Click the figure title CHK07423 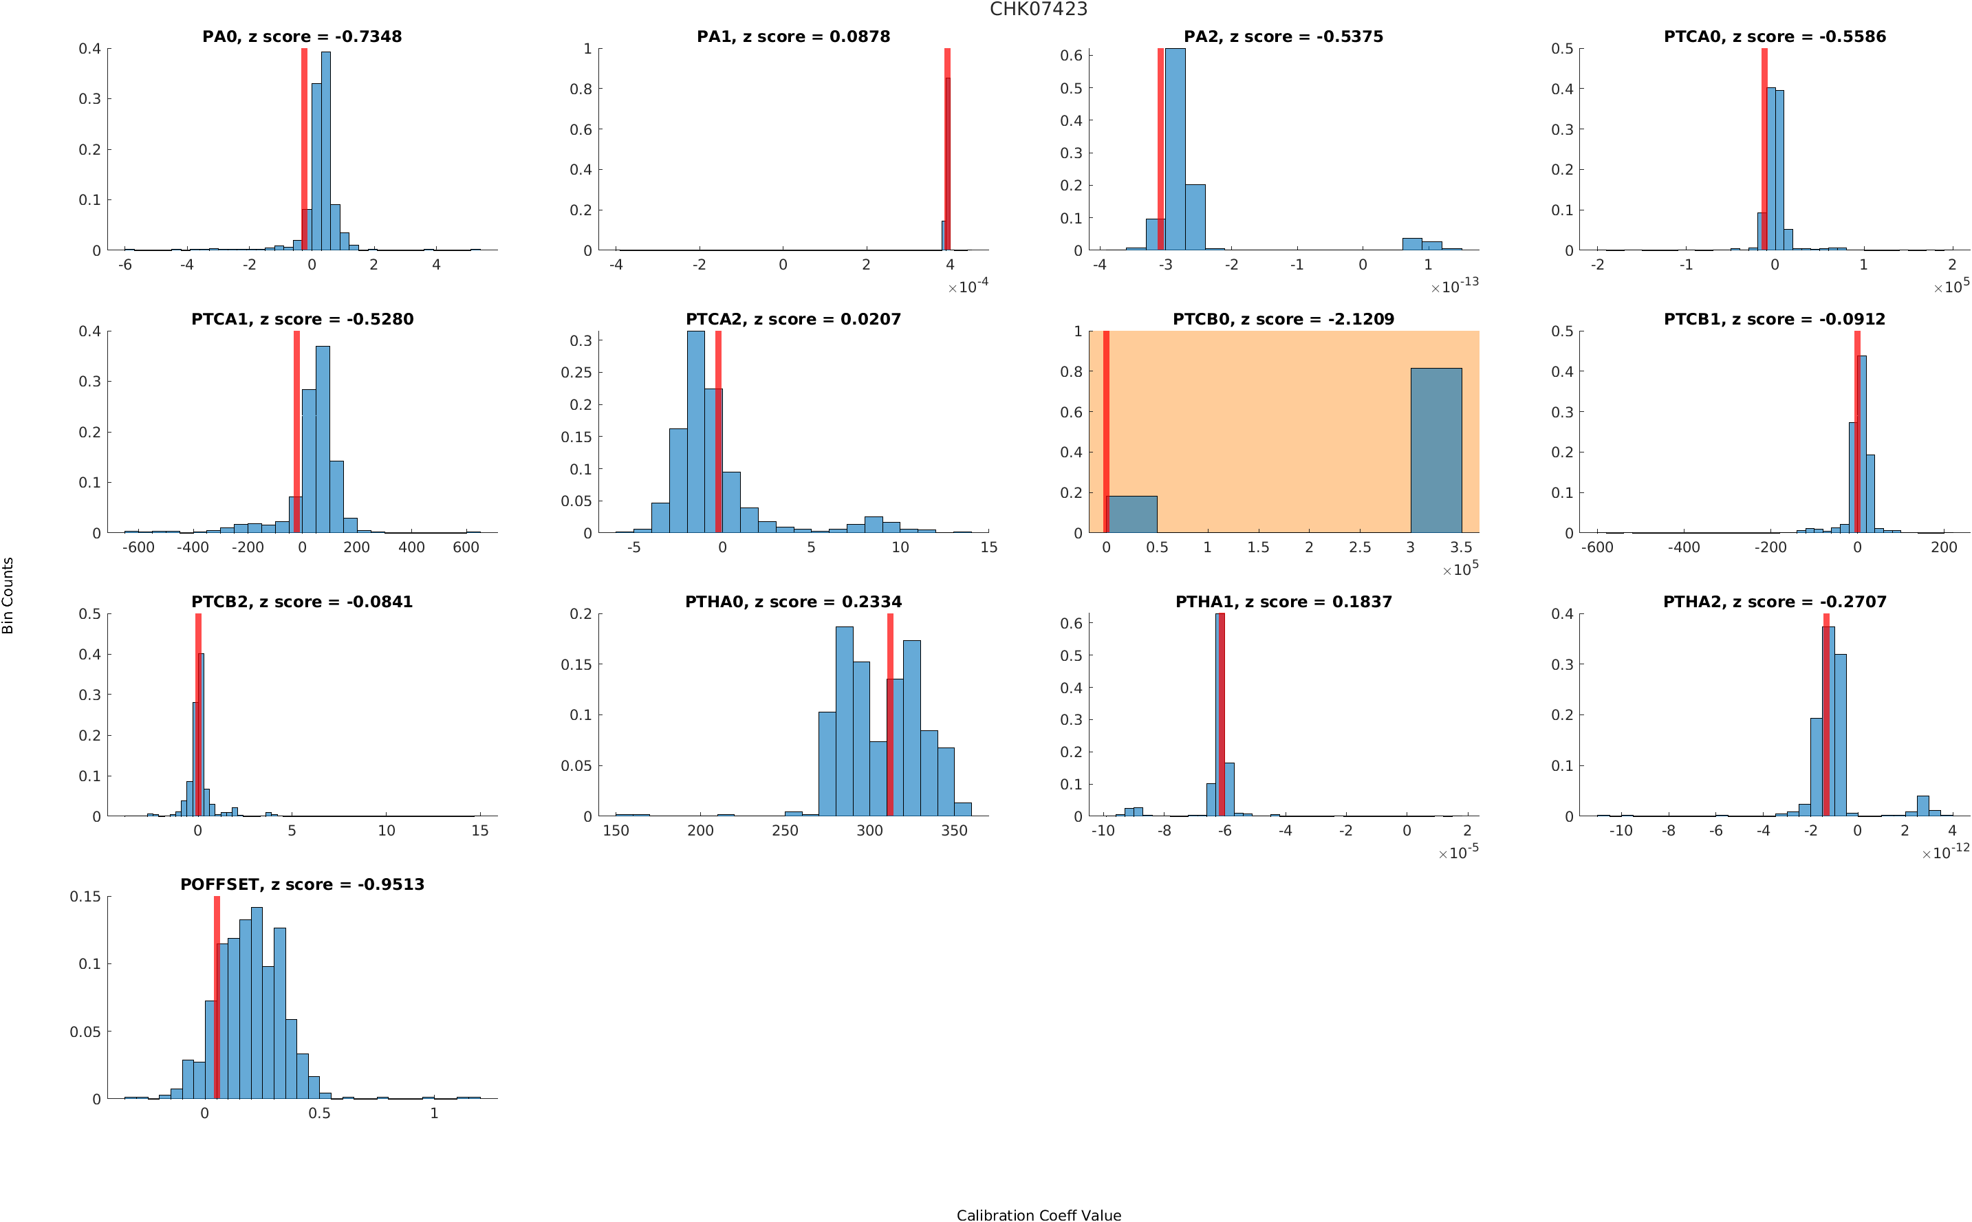click(x=1038, y=9)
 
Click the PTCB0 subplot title click(x=1283, y=319)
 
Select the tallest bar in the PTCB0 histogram click(x=1435, y=450)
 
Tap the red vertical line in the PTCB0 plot click(x=1105, y=432)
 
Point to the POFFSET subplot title click(x=301, y=884)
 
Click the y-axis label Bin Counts click(x=8, y=596)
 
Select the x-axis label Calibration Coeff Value click(x=1039, y=1214)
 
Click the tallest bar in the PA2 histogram click(x=1175, y=149)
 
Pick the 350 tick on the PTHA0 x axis click(x=953, y=830)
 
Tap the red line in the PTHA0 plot click(x=890, y=714)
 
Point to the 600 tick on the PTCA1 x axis click(x=466, y=547)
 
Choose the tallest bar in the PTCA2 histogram click(x=695, y=432)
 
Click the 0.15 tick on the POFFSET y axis click(x=86, y=896)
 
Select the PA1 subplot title click(x=793, y=36)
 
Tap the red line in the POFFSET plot click(x=217, y=997)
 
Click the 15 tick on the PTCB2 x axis click(x=480, y=830)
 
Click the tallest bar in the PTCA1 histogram click(x=323, y=439)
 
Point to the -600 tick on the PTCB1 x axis click(x=1597, y=547)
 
